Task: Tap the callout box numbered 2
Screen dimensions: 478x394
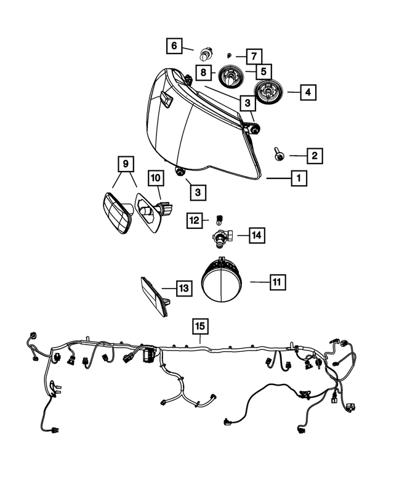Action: (x=314, y=156)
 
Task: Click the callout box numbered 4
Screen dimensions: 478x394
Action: (x=308, y=93)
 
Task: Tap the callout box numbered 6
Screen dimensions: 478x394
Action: (x=174, y=46)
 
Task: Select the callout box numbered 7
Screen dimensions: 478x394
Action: (x=254, y=56)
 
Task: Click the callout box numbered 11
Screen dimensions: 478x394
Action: (x=277, y=282)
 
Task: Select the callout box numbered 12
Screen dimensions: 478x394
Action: (x=195, y=220)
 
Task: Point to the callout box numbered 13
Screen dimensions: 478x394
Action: (x=184, y=287)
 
